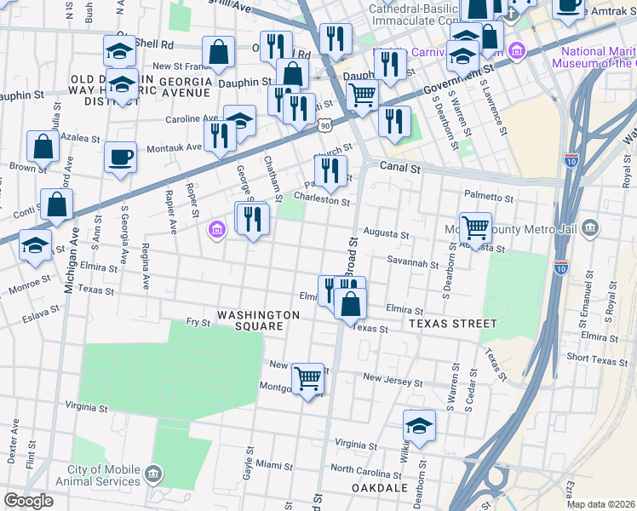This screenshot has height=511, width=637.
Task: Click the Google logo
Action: point(28,501)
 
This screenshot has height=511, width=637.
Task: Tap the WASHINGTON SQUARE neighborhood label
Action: point(258,321)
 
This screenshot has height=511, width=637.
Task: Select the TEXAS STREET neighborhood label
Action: point(452,324)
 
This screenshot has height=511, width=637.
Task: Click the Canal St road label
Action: point(400,169)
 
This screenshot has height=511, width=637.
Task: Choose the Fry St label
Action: point(198,322)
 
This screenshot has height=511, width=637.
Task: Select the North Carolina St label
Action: point(365,469)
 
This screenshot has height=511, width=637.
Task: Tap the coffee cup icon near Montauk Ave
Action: point(120,158)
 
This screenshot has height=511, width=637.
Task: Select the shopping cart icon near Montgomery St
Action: point(307,377)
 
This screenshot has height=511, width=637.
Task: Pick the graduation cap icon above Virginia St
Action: point(419,426)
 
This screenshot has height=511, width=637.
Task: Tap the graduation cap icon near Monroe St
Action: point(35,246)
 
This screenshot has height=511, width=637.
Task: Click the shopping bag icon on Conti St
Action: point(56,205)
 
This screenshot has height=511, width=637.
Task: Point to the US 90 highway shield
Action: point(326,125)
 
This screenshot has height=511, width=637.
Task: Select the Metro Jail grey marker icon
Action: point(592,228)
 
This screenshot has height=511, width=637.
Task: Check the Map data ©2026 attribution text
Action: point(601,504)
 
